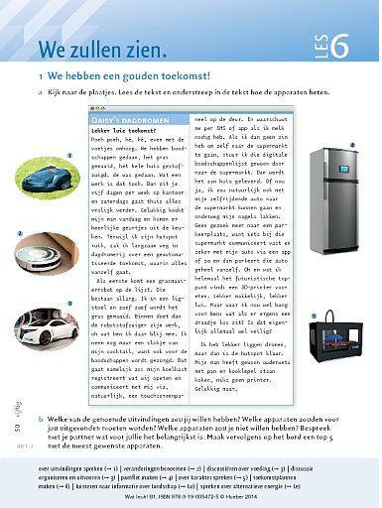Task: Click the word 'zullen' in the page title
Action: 103,50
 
